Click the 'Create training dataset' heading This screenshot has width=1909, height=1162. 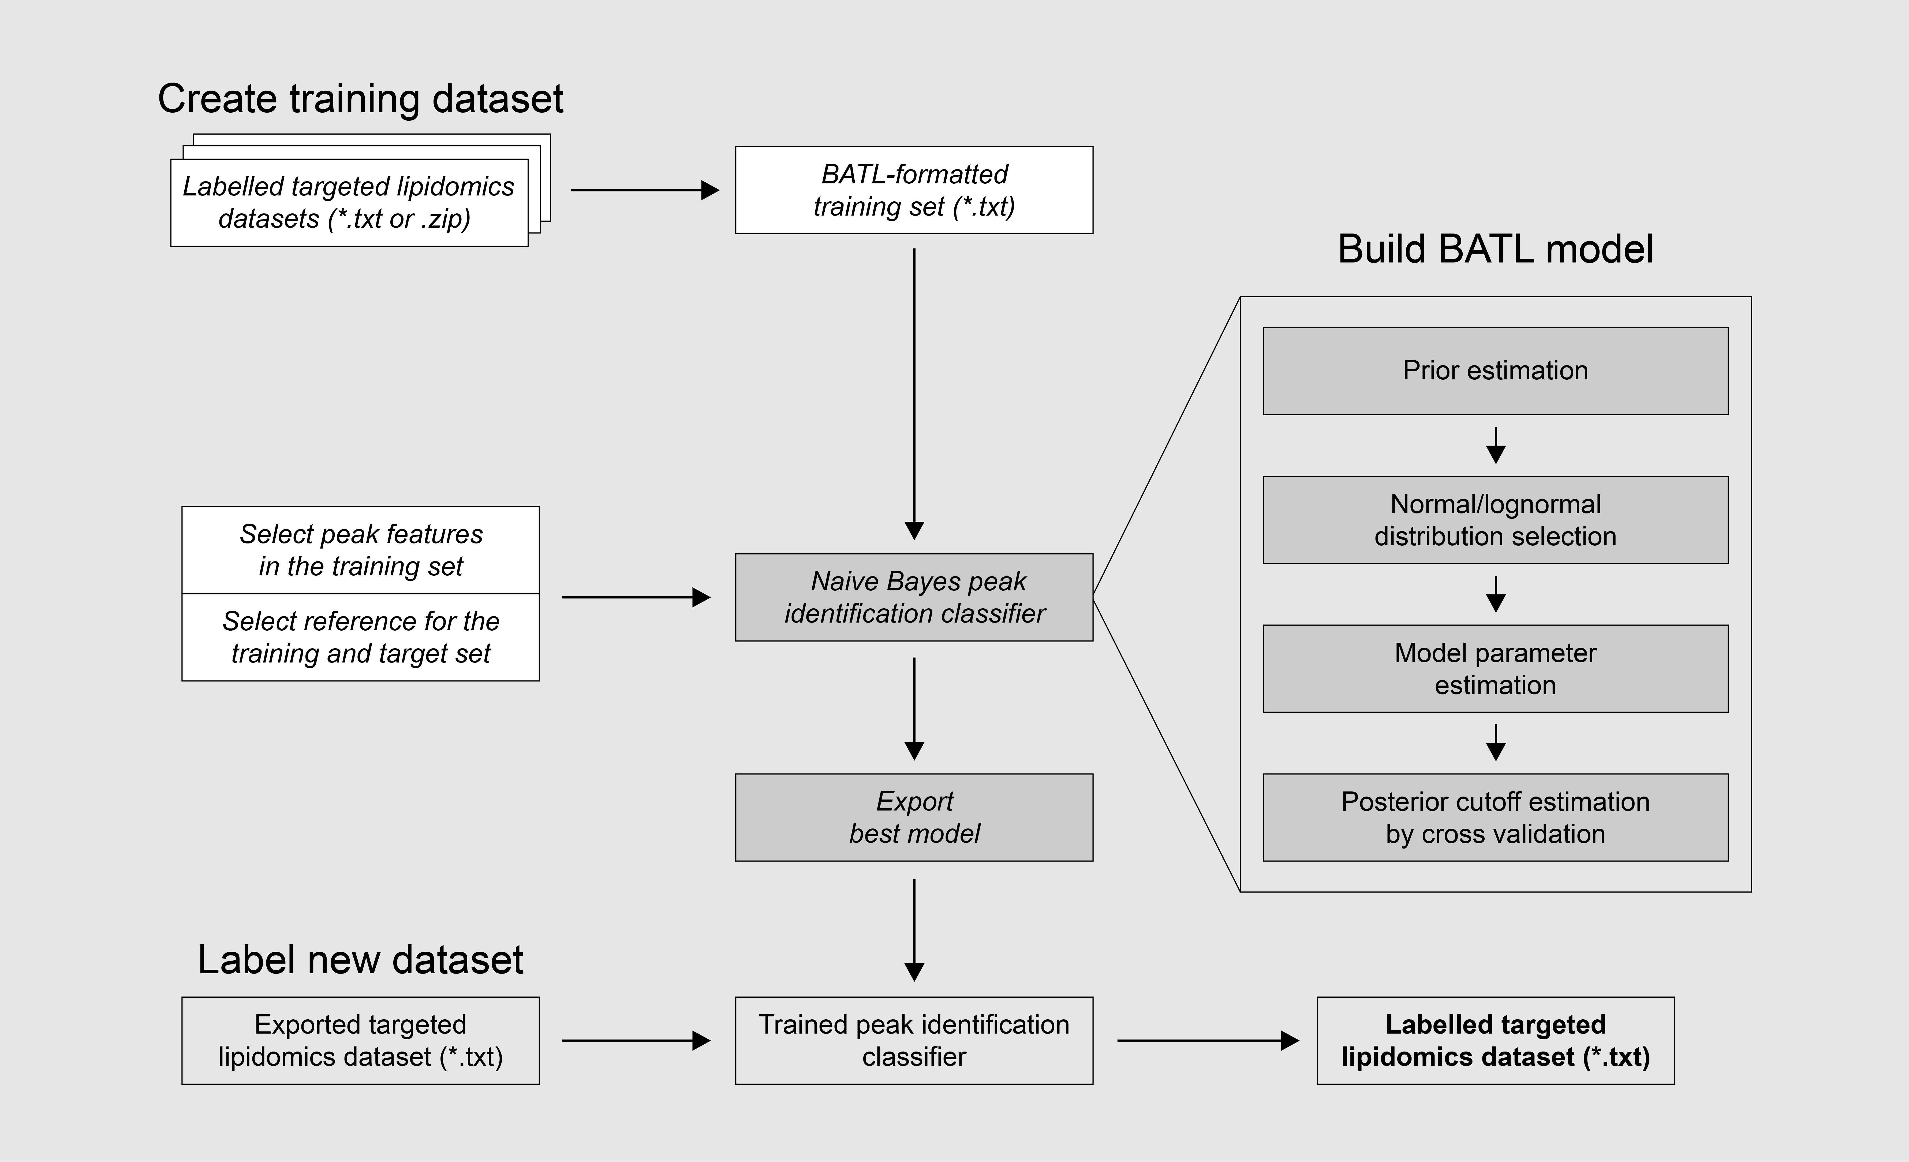pyautogui.click(x=360, y=99)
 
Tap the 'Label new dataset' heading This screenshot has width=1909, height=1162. pyautogui.click(x=360, y=960)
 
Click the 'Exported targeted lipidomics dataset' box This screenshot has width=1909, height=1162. pyautogui.click(x=360, y=1040)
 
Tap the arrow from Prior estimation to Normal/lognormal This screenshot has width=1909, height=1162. pyautogui.click(x=1495, y=446)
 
